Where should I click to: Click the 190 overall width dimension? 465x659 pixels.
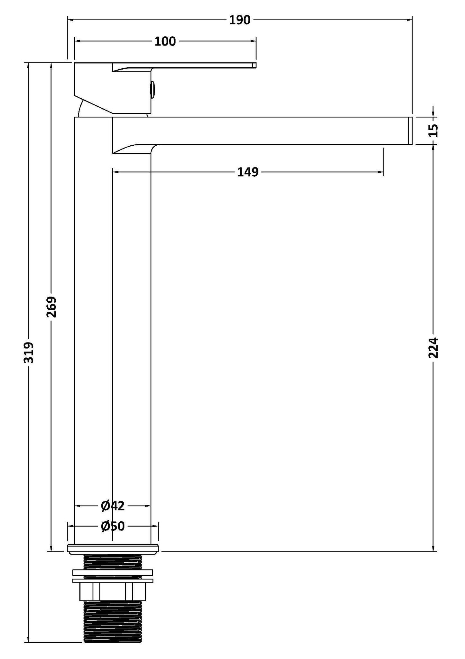pos(239,20)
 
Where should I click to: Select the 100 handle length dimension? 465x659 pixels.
pos(165,42)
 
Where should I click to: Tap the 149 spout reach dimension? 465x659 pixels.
pos(247,172)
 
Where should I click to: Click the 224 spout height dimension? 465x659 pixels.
pos(434,348)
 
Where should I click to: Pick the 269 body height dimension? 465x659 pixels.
pos(51,307)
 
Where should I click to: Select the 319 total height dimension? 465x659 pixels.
pos(29,353)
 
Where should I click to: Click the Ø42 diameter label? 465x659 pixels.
pos(113,506)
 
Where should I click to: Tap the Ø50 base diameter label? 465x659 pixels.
pos(113,526)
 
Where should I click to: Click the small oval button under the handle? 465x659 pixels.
pos(153,89)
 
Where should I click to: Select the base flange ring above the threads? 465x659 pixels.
pos(113,549)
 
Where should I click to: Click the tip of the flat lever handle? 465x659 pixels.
pos(254,65)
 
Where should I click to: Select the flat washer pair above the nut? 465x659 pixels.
pos(113,576)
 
